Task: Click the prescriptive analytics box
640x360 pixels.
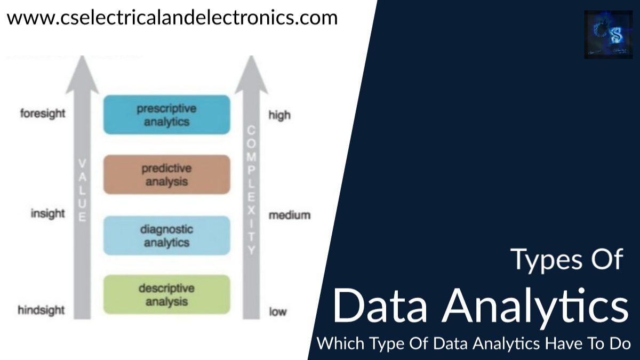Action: tap(166, 115)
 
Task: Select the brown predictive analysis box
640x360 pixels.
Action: tap(166, 175)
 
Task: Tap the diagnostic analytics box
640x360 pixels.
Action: tap(166, 236)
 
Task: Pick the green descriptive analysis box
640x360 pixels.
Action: tap(166, 294)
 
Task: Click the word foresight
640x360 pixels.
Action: tap(43, 114)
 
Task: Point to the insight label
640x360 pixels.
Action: tap(47, 213)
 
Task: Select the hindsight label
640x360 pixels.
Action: tap(41, 310)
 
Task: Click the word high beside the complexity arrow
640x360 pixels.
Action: tap(279, 115)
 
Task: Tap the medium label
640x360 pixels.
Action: tap(289, 215)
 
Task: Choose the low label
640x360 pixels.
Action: tap(277, 312)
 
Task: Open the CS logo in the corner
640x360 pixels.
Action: tap(608, 34)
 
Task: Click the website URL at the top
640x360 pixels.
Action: tap(172, 17)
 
